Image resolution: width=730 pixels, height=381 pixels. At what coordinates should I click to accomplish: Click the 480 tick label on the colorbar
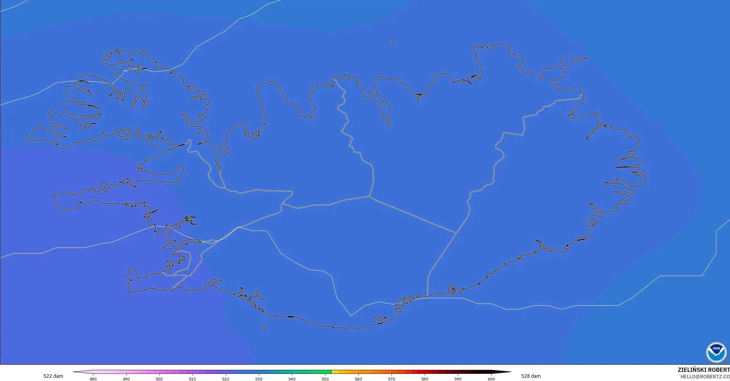[93, 379]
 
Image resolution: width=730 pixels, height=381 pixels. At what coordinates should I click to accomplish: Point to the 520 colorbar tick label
[226, 379]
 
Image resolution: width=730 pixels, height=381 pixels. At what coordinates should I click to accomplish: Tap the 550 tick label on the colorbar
[325, 379]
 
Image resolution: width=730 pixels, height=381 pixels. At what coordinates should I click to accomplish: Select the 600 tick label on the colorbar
[491, 379]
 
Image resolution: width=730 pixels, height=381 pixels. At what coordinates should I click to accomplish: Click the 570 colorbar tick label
[392, 379]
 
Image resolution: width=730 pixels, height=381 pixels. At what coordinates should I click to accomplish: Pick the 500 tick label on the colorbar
[159, 379]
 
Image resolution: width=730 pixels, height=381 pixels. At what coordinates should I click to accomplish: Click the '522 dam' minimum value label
[53, 376]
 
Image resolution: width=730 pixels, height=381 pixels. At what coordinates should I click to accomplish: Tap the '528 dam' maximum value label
[531, 376]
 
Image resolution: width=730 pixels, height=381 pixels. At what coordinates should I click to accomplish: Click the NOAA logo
[716, 352]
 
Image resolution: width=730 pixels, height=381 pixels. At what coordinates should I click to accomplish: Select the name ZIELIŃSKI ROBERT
[704, 370]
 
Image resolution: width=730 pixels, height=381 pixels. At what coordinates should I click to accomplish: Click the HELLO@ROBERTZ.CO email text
[705, 377]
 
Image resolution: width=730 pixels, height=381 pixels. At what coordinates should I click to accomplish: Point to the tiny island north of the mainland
[393, 42]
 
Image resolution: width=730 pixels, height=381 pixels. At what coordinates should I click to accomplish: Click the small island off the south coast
[265, 327]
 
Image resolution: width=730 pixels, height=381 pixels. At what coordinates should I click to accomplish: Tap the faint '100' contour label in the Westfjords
[125, 70]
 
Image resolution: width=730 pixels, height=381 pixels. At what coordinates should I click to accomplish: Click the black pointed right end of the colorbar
[504, 372]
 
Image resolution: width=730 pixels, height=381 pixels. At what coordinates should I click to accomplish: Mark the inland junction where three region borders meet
[369, 196]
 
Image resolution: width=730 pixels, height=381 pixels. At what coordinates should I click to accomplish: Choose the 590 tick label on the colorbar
[458, 379]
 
